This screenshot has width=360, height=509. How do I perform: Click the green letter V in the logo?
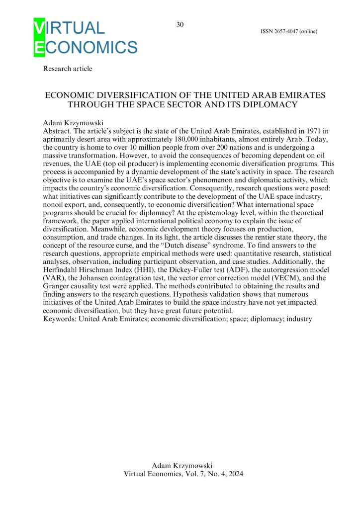coord(38,28)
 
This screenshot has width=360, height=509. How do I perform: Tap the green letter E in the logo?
coord(38,47)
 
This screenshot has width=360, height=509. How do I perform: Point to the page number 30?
coord(180,25)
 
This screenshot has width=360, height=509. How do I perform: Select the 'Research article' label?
coord(68,69)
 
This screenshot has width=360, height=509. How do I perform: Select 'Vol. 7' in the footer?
coord(190,474)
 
